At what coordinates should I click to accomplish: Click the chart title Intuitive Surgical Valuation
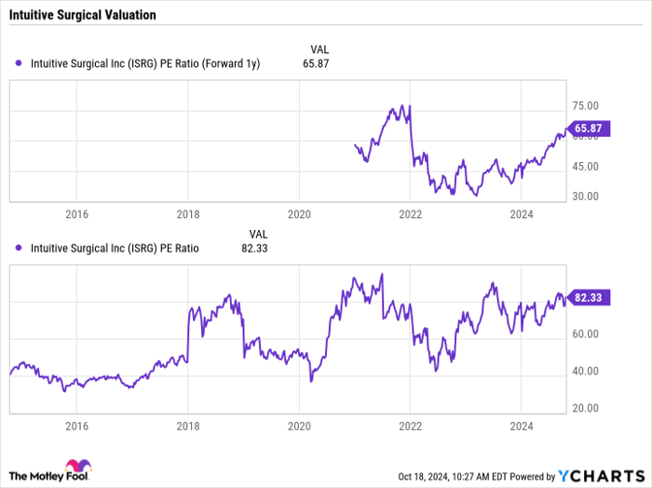(84, 16)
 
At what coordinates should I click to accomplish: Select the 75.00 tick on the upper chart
(585, 107)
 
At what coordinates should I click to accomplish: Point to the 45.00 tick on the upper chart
(585, 167)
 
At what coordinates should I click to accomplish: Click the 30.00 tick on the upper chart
(585, 197)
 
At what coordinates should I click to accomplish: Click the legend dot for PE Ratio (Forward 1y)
(20, 63)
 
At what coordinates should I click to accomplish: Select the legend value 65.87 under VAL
(316, 63)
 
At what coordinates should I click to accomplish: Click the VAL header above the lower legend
(258, 233)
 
